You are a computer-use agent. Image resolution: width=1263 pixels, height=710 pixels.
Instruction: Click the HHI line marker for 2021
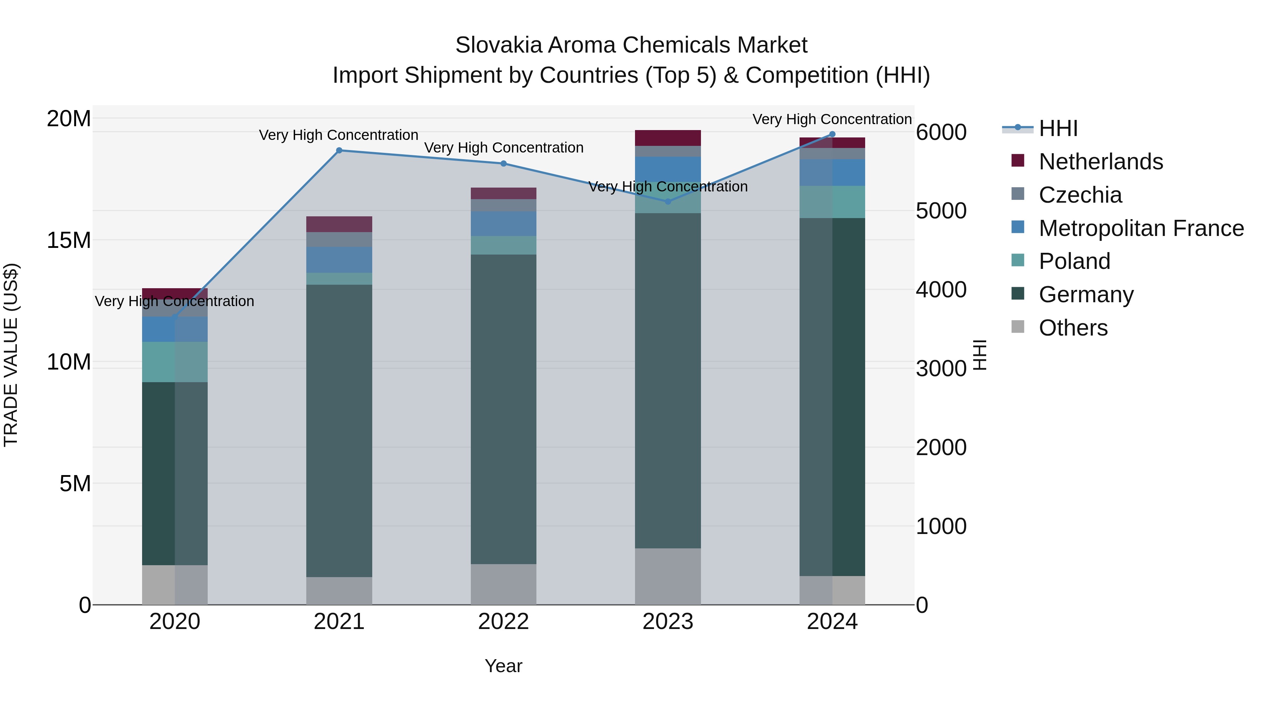click(x=339, y=150)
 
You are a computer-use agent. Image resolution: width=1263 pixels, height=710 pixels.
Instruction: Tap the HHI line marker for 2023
click(x=667, y=201)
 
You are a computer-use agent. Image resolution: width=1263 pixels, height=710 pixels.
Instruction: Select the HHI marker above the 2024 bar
click(x=832, y=134)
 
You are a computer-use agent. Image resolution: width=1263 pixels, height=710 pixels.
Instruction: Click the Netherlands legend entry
click(x=1100, y=162)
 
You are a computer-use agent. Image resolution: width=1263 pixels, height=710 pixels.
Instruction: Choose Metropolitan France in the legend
click(x=1141, y=228)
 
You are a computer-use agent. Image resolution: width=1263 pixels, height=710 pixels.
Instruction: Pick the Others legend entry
click(x=1073, y=328)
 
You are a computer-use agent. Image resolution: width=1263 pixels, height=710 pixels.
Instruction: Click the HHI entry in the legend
click(x=1058, y=128)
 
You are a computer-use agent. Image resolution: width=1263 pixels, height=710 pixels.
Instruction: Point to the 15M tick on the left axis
click(x=69, y=241)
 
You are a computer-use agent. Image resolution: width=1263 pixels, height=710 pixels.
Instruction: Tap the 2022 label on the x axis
click(x=503, y=622)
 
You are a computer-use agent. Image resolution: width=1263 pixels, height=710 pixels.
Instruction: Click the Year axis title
click(x=503, y=666)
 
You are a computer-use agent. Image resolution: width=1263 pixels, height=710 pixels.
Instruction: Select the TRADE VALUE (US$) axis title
click(x=11, y=355)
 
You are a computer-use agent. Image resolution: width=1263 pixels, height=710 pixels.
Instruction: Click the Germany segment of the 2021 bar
click(x=339, y=431)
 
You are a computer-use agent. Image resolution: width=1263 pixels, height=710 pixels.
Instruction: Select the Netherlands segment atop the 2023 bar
click(x=667, y=138)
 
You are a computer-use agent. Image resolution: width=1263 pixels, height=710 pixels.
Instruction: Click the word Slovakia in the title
click(x=498, y=45)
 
